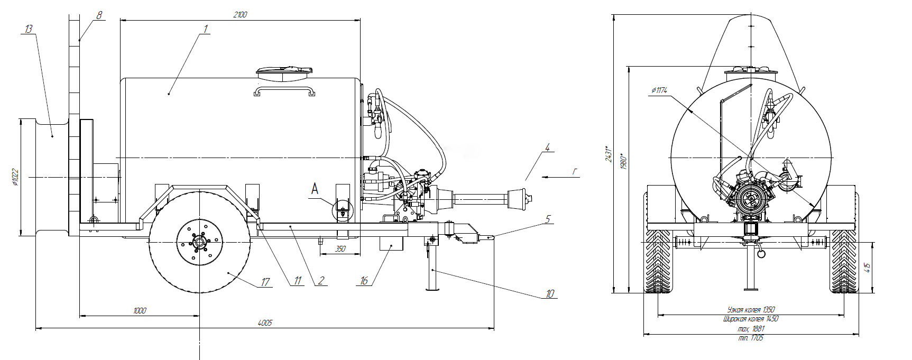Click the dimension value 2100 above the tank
pyautogui.click(x=239, y=15)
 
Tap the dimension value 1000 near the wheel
pyautogui.click(x=140, y=311)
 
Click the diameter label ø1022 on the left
pyautogui.click(x=15, y=178)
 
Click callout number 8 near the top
pyautogui.click(x=99, y=15)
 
